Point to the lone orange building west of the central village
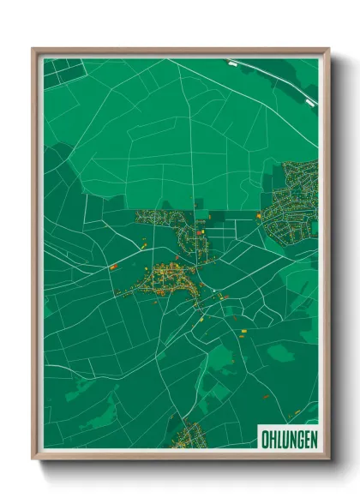(x=112, y=267)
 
